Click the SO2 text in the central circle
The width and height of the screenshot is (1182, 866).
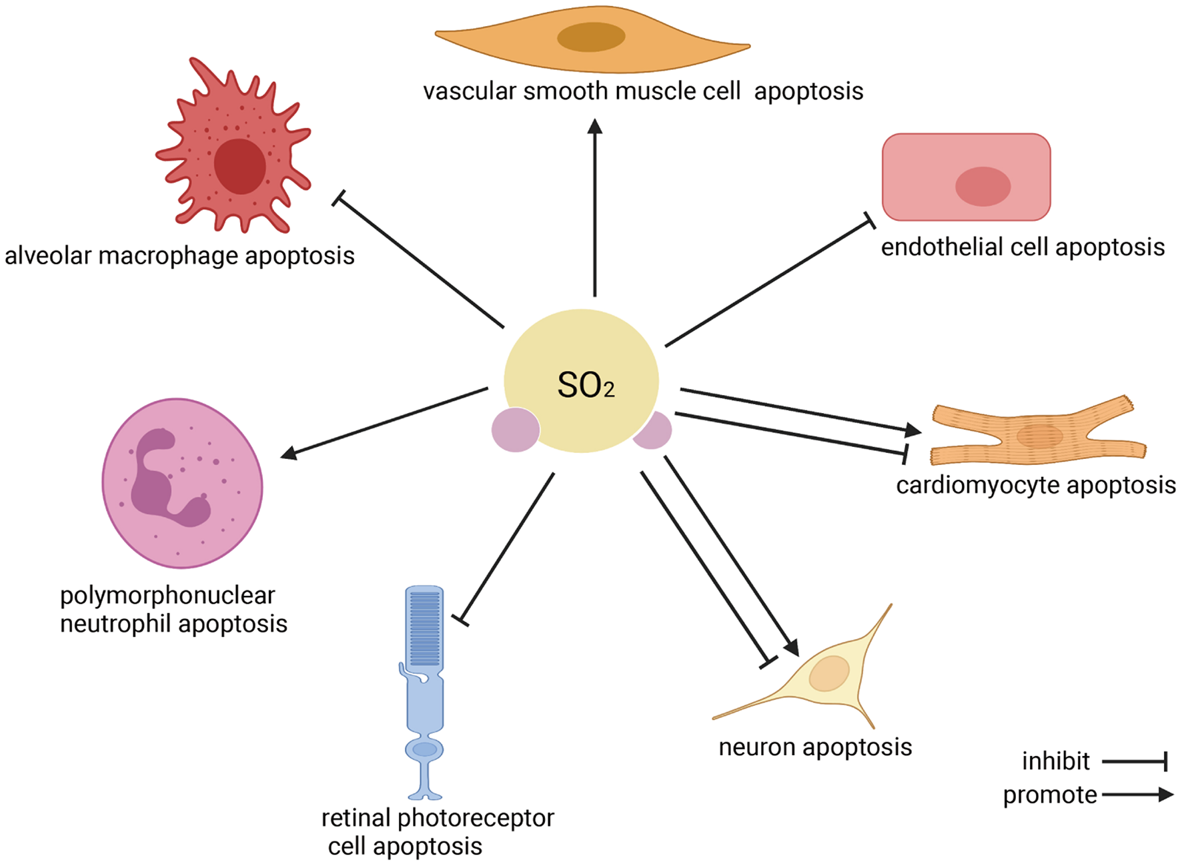pos(585,386)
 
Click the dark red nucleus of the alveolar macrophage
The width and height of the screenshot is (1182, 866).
pos(239,166)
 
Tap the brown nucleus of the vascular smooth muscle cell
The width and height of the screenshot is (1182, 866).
pos(591,37)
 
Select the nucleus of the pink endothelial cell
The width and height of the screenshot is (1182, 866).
pos(983,186)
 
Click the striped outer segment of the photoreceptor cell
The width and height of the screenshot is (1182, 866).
pos(424,627)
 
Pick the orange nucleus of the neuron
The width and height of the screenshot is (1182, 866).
pos(828,674)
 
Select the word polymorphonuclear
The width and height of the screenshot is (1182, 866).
pos(167,595)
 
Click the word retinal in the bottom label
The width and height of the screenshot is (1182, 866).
pos(356,817)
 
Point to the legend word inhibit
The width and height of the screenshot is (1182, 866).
pos(1055,761)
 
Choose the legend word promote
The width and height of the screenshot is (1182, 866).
pos(1049,795)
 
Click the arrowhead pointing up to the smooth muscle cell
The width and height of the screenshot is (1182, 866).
pos(595,127)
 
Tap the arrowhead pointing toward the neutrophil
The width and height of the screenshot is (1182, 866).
pos(288,454)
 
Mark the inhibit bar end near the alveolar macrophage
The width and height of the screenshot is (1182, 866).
pos(339,198)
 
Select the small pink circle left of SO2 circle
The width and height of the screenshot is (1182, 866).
pos(515,430)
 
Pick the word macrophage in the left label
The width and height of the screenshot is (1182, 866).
pos(168,256)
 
